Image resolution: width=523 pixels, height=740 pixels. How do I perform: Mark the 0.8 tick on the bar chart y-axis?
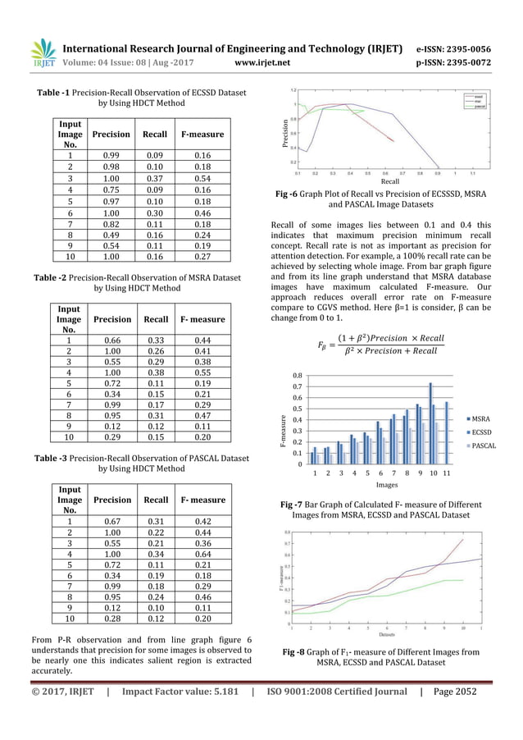click(x=299, y=374)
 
